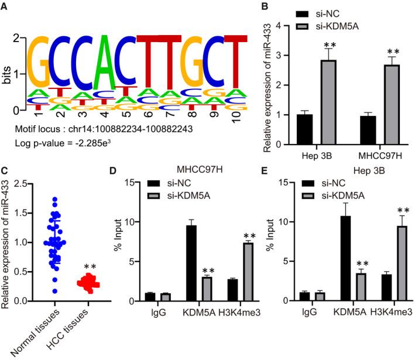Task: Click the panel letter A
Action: (x=5, y=5)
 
